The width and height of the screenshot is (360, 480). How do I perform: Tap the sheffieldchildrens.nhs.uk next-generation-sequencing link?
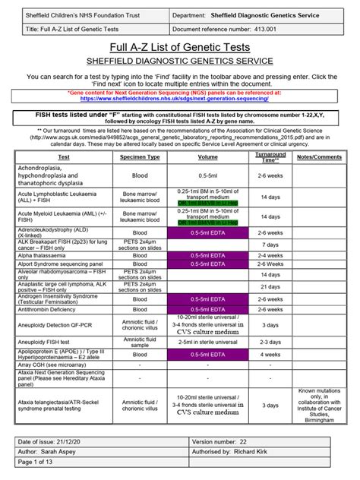coord(180,99)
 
